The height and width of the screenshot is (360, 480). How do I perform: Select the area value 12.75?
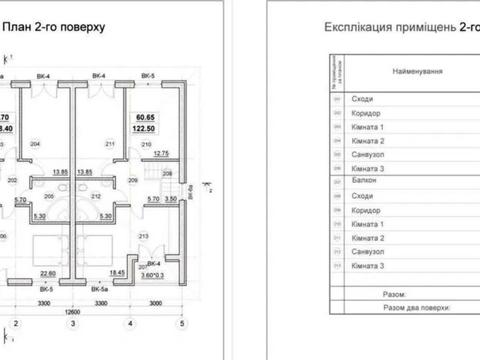tap(161, 153)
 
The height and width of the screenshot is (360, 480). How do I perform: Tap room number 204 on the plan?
tap(34, 144)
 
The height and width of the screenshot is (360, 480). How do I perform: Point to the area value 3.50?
tap(170, 200)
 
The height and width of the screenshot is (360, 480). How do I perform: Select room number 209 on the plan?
tap(133, 180)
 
